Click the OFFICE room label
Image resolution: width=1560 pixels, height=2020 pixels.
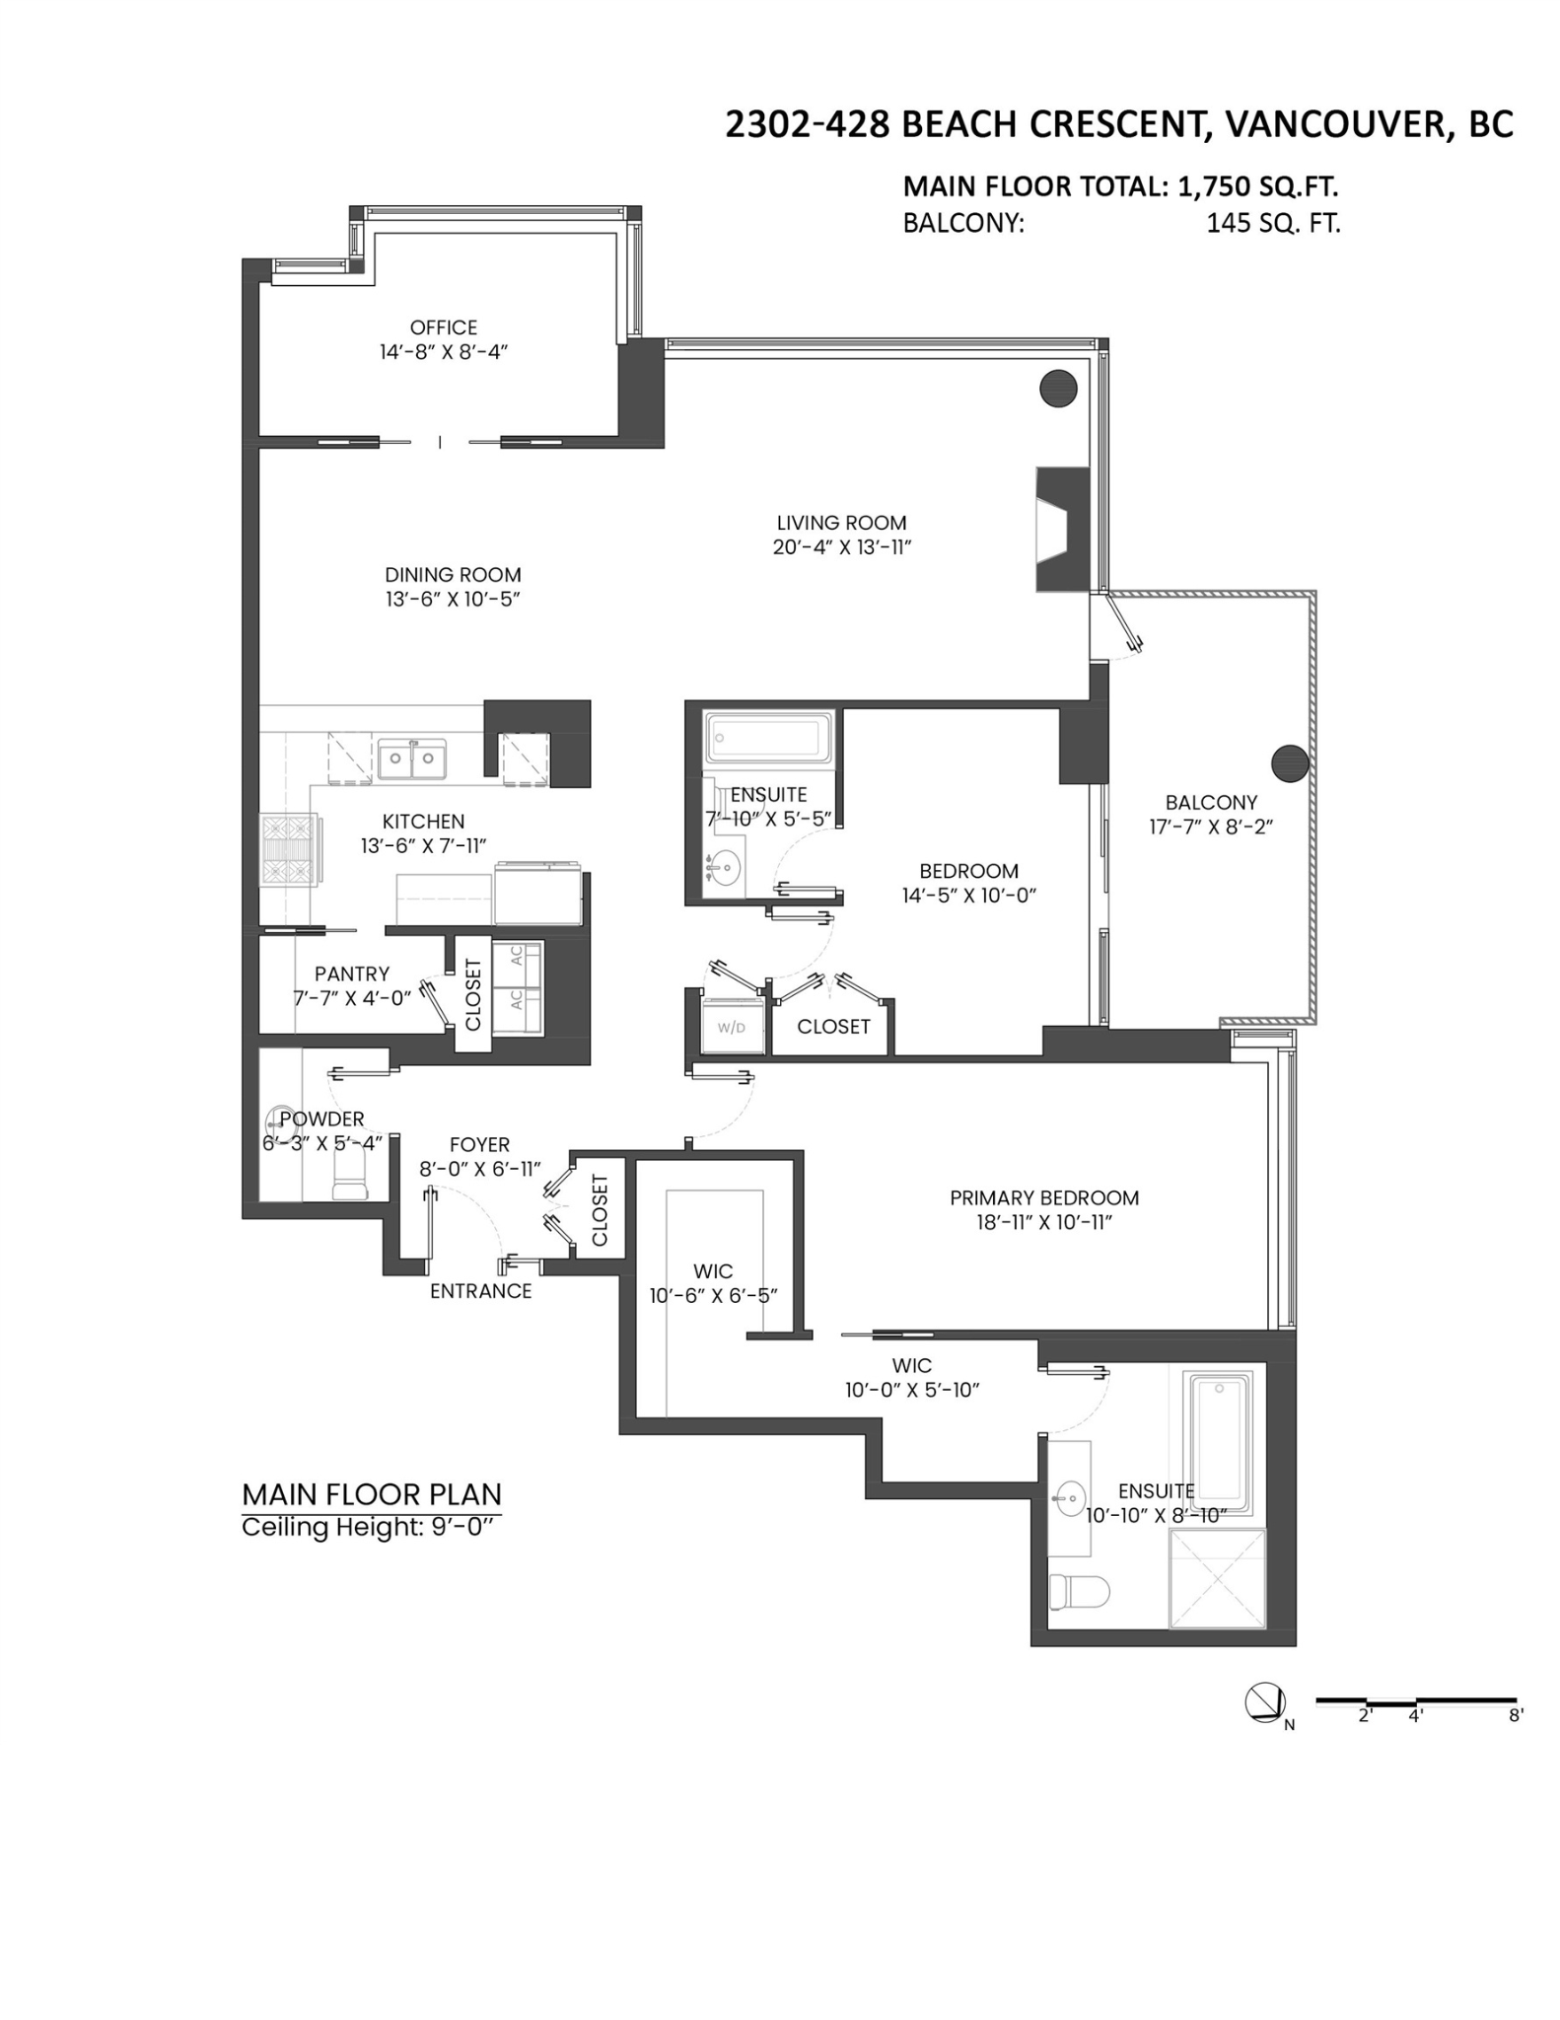(x=444, y=327)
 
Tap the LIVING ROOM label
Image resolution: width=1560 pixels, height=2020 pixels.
(x=841, y=523)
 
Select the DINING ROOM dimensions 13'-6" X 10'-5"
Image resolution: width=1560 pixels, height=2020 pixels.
(x=453, y=599)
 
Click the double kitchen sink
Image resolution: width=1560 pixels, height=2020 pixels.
(x=411, y=758)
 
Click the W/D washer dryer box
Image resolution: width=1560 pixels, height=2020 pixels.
(x=732, y=1026)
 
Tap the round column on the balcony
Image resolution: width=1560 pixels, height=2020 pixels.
(x=1290, y=762)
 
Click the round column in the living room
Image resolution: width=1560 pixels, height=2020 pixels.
(x=1058, y=388)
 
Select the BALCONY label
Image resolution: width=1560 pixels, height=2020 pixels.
(x=1211, y=803)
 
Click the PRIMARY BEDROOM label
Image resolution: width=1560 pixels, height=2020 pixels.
(x=1044, y=1197)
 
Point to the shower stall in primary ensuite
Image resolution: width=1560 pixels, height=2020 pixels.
(x=1216, y=1578)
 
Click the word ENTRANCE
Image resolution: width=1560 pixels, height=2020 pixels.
(x=481, y=1291)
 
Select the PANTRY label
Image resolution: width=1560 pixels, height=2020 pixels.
(x=352, y=974)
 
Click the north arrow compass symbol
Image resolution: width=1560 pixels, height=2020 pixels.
(x=1265, y=1703)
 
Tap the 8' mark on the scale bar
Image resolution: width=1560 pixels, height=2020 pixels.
(x=1516, y=1715)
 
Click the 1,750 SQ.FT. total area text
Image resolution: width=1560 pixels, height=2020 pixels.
(x=1257, y=186)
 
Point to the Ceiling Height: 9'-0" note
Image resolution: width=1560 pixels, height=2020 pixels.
(x=367, y=1528)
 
